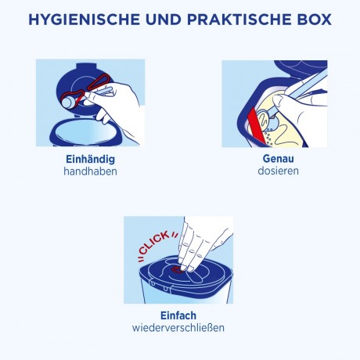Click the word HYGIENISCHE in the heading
(x=84, y=20)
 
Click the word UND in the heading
(x=164, y=20)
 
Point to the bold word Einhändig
(x=90, y=159)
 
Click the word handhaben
(x=90, y=171)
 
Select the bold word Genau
(x=279, y=159)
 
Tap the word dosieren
(x=279, y=171)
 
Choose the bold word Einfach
(x=178, y=315)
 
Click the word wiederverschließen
(x=178, y=328)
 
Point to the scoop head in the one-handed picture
(x=68, y=102)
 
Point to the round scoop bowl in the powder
(x=264, y=118)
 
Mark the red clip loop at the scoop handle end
(x=100, y=81)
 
